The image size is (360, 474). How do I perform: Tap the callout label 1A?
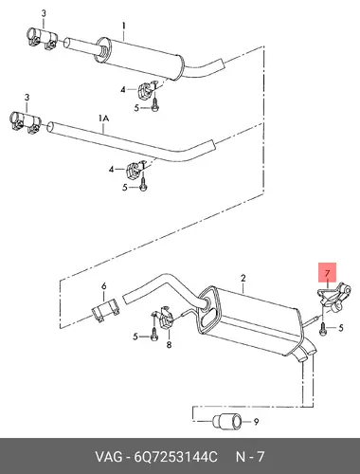point(103,118)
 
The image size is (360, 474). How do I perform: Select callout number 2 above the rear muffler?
point(243,279)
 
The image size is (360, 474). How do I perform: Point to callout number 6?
point(104,286)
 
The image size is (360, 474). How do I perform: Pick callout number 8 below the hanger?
point(169,345)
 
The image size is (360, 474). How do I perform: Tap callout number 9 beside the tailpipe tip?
point(257,422)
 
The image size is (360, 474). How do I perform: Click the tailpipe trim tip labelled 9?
point(227,422)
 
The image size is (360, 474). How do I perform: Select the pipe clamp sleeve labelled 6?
point(105,310)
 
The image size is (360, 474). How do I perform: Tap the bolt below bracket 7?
point(322,330)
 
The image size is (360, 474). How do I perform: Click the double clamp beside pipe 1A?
point(25,122)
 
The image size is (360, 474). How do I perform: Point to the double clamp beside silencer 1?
point(41,39)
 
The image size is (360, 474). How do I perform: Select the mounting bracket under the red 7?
point(333,297)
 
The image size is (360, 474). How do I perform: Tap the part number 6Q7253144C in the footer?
point(176,457)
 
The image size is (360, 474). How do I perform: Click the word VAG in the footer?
point(109,457)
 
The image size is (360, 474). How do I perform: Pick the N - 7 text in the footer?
point(250,457)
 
